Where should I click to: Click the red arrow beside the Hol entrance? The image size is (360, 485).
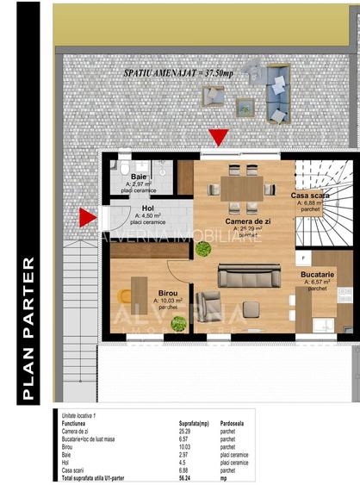pos(87,218)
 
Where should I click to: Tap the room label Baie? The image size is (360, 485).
pos(139,177)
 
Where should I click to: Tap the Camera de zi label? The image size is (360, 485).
pos(248,221)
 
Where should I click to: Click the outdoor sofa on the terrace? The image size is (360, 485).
pos(278,96)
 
